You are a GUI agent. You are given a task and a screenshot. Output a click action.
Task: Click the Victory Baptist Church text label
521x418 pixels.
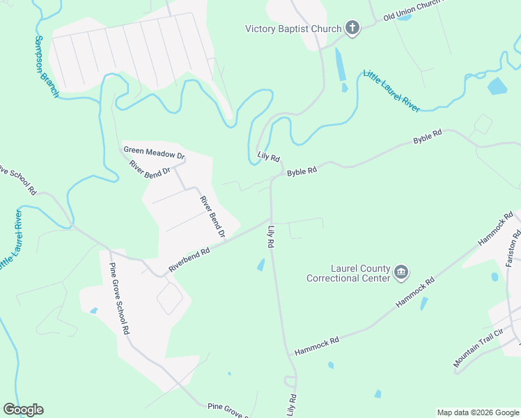(x=293, y=29)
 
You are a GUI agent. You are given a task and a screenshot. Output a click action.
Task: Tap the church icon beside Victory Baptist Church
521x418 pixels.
(x=352, y=29)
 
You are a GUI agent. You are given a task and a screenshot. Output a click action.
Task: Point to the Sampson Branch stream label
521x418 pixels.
(x=47, y=66)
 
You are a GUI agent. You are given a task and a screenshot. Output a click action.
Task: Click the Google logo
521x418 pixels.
(x=23, y=410)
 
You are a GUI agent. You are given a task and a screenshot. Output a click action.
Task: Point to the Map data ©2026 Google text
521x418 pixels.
(x=477, y=412)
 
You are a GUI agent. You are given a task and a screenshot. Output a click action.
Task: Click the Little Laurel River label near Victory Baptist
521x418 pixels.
(x=391, y=91)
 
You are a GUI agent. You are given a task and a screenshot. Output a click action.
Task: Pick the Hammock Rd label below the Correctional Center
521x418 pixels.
(x=316, y=344)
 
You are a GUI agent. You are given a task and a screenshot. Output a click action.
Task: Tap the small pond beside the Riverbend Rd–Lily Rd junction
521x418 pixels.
(x=260, y=265)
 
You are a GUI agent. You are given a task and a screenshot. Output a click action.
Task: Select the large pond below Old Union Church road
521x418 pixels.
(x=497, y=86)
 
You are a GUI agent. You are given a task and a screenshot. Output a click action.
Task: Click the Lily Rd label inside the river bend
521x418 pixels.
(x=268, y=157)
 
